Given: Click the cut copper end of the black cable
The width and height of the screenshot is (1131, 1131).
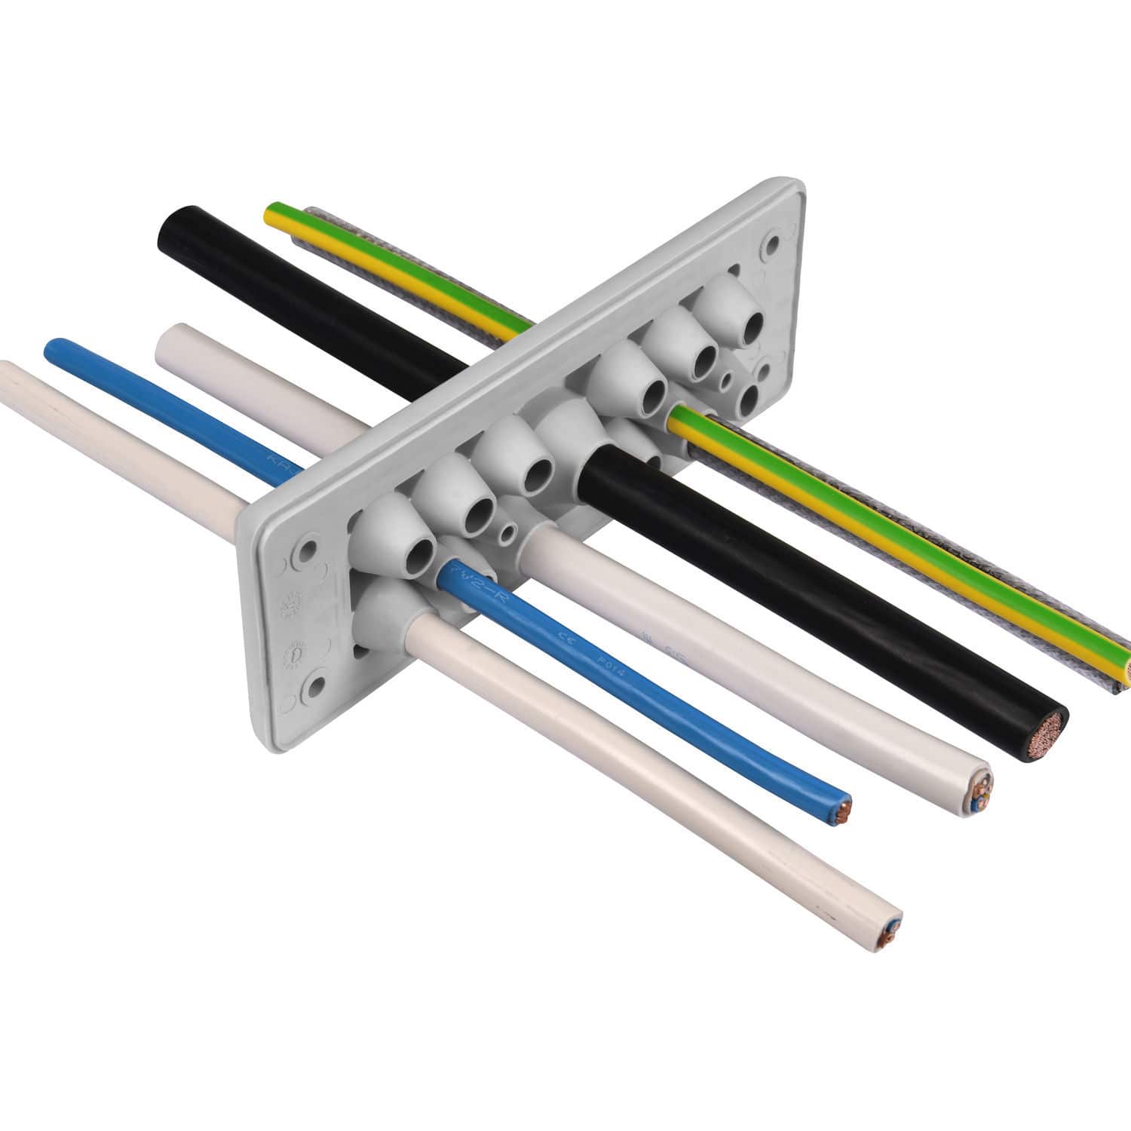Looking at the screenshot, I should [x=1044, y=737].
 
